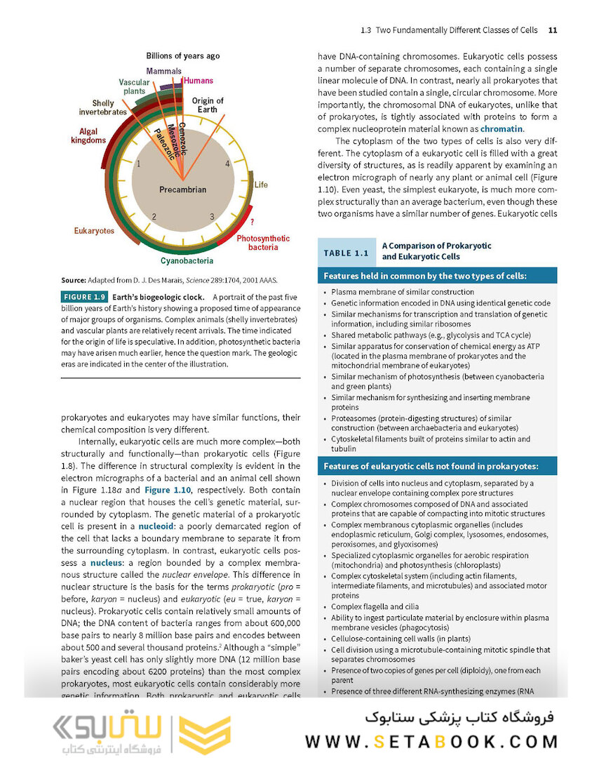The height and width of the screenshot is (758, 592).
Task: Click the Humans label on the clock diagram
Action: [x=198, y=81]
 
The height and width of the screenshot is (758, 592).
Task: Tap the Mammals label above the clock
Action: [x=163, y=71]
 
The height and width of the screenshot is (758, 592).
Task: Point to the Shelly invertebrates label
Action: [x=102, y=107]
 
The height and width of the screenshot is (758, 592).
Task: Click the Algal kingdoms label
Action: [x=88, y=135]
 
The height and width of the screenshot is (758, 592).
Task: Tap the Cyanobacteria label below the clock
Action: [x=187, y=260]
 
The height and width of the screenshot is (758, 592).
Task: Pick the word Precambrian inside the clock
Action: [x=182, y=189]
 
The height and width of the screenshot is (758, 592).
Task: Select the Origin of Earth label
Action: [x=208, y=105]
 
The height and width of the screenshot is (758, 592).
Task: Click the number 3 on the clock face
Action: [x=211, y=217]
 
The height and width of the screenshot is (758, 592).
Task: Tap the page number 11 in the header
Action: [x=552, y=30]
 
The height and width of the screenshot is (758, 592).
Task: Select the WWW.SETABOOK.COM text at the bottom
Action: [x=431, y=741]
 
